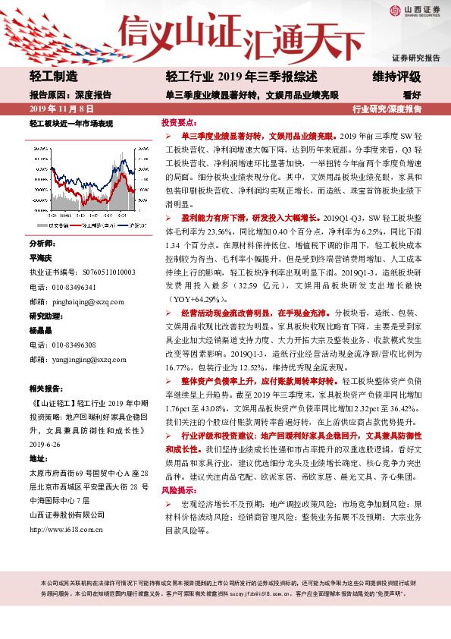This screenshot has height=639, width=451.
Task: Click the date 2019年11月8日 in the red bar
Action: [55, 109]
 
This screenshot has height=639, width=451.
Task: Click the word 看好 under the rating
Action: [412, 96]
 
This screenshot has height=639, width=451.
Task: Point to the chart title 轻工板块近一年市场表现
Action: [71, 123]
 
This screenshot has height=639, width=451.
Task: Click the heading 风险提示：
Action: [178, 471]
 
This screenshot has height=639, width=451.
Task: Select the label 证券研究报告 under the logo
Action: [415, 58]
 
